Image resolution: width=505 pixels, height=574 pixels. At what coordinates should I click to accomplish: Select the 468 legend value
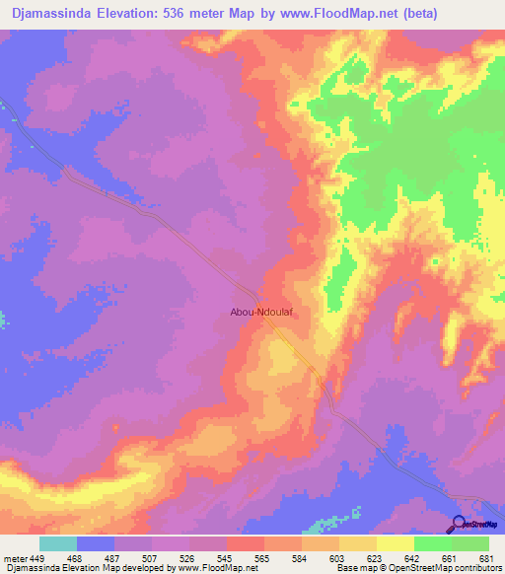pos(76,557)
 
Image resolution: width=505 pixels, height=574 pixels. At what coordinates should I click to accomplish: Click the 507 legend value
pos(151,557)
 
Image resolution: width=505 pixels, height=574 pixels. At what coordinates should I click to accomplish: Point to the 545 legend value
pos(227,557)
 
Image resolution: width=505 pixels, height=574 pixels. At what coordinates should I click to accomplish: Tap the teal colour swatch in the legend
pos(58,543)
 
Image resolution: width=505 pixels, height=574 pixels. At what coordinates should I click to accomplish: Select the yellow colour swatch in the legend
pos(396,543)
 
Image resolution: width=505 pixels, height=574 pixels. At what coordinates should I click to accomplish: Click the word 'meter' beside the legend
pos(14,557)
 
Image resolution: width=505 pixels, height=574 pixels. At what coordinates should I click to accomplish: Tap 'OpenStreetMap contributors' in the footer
pos(457,568)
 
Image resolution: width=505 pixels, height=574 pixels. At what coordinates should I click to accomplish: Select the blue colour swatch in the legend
pos(96,543)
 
